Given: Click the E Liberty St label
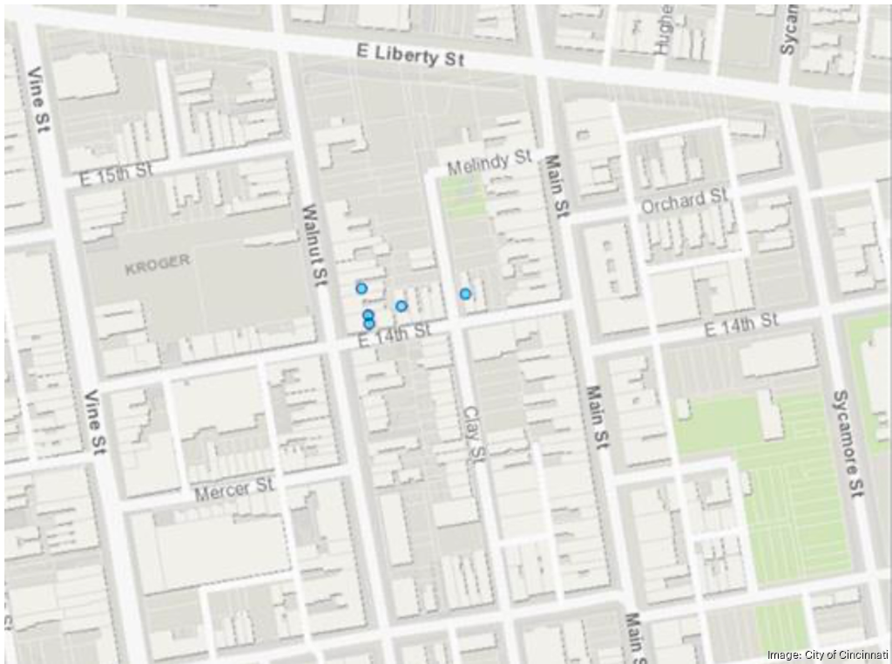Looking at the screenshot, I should point(410,55).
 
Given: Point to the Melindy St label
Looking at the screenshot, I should point(489,162).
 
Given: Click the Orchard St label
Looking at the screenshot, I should point(683,201).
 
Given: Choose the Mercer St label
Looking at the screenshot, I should point(234,490).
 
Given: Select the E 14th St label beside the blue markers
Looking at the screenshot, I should point(395,334).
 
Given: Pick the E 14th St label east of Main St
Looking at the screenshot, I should point(741,323).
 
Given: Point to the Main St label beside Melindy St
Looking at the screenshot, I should point(556,186).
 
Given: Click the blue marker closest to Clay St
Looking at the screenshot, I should point(466,295).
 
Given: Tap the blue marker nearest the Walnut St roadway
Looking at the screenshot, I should point(362,288).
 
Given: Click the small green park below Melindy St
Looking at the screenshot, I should point(463,200).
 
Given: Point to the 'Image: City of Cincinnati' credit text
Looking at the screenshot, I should point(827,654).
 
